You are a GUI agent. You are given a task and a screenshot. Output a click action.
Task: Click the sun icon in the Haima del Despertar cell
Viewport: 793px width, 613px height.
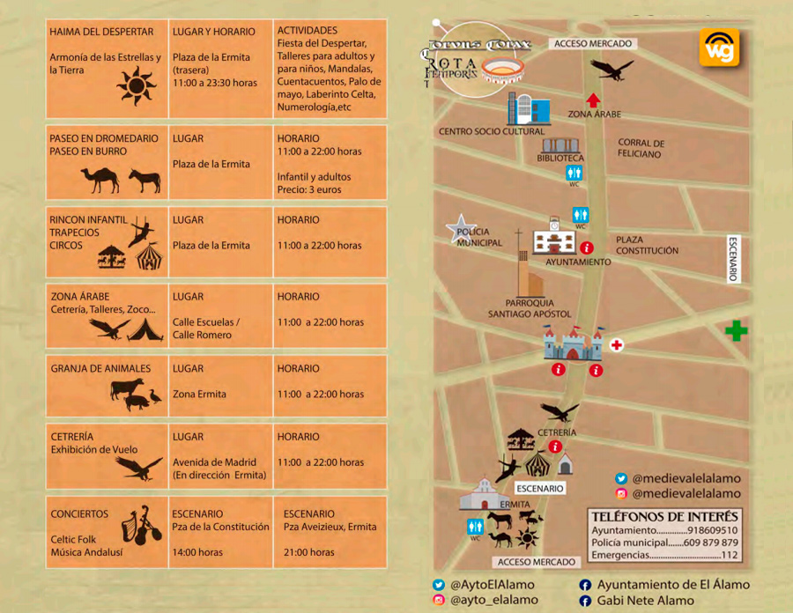(x=136, y=86)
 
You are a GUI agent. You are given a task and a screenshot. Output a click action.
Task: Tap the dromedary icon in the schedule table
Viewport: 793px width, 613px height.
(x=100, y=181)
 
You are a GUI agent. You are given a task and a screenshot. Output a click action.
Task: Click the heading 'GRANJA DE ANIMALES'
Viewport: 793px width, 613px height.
(x=100, y=369)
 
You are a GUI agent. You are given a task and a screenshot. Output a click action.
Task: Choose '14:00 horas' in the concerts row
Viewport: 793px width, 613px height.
(x=197, y=552)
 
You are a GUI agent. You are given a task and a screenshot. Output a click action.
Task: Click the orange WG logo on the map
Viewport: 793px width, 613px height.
(x=719, y=47)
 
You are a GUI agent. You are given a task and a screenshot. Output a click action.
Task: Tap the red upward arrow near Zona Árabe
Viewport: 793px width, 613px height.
(x=594, y=100)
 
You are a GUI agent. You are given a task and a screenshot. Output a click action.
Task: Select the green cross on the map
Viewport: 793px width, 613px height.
(x=736, y=331)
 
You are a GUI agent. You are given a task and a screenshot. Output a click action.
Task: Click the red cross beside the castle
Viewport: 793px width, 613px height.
(x=617, y=344)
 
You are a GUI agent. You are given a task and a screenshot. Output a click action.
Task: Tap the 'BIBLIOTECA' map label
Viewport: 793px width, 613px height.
(x=560, y=159)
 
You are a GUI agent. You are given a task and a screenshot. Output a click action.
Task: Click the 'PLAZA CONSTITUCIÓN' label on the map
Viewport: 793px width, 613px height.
(x=647, y=245)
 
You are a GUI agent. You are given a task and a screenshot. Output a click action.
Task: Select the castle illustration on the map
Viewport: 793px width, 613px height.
(x=573, y=343)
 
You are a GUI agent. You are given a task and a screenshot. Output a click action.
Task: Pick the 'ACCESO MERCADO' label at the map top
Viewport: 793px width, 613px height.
(x=591, y=43)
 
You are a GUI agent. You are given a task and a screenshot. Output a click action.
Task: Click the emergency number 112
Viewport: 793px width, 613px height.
(x=730, y=555)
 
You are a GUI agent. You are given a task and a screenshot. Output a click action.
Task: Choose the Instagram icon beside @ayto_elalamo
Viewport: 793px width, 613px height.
(x=438, y=601)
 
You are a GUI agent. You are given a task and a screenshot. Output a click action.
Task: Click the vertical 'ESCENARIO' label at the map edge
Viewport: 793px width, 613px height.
(x=732, y=259)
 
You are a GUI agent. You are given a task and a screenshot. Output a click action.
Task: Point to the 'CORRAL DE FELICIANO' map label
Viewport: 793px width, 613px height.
(x=641, y=148)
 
